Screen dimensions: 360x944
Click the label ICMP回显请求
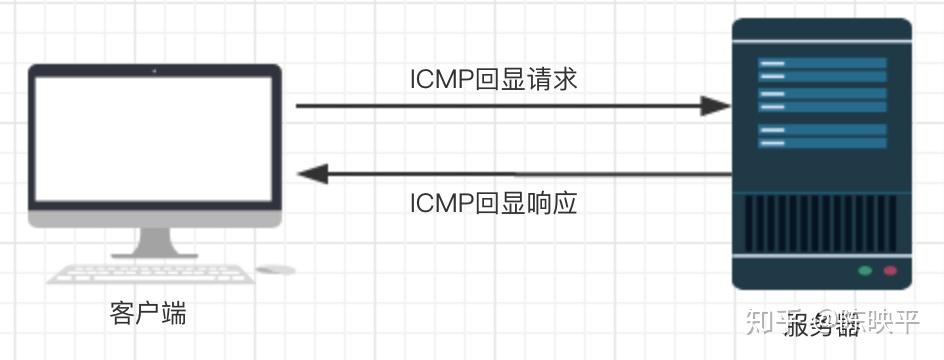click(494, 79)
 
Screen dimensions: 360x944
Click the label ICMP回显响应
click(494, 203)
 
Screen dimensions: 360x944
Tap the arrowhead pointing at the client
click(313, 174)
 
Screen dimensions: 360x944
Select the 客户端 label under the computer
click(148, 314)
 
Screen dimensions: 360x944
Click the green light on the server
click(865, 271)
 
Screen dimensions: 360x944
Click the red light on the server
click(889, 271)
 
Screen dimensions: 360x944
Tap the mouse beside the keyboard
click(276, 270)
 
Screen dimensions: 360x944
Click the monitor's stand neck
click(154, 241)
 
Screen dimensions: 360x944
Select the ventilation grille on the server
click(822, 223)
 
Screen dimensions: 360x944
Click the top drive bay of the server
click(822, 69)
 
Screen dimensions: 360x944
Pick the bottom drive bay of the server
click(822, 136)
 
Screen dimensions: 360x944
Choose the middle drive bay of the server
click(822, 100)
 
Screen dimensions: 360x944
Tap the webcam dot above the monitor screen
click(154, 71)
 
